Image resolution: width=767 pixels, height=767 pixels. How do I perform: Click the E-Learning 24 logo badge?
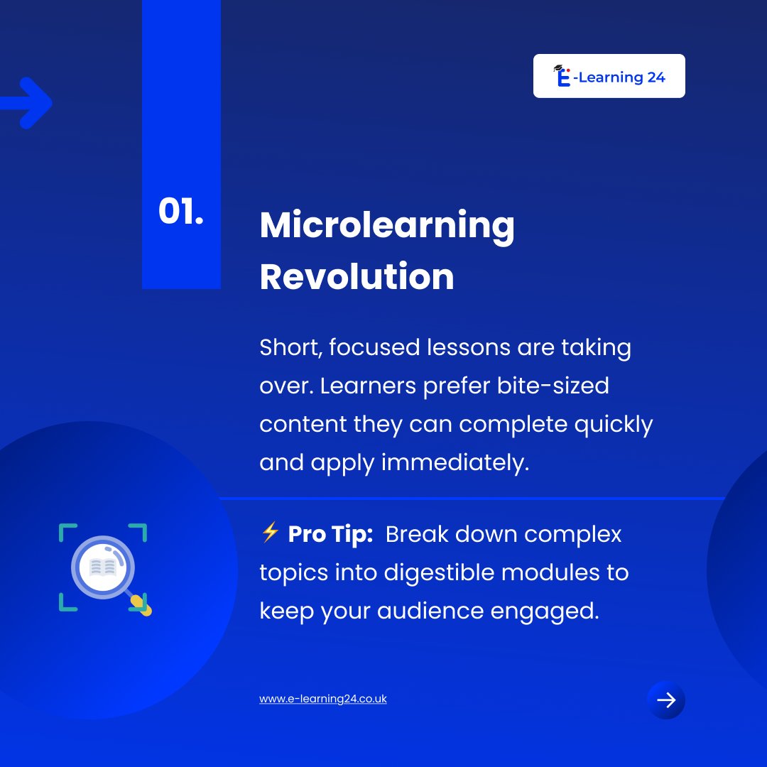[609, 76]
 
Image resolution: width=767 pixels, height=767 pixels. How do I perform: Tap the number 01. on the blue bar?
[180, 212]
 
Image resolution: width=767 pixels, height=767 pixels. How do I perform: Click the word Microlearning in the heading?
[387, 225]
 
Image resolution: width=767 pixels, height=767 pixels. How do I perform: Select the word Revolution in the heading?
[357, 276]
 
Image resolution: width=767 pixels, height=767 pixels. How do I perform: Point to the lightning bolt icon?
[270, 533]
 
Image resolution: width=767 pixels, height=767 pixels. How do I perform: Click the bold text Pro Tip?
[331, 534]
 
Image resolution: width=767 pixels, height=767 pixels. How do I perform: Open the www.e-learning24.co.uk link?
[323, 699]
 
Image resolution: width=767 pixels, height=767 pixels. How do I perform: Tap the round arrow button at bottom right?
[665, 701]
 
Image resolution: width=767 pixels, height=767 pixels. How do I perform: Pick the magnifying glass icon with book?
[104, 567]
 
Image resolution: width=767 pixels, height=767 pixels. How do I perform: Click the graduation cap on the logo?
[558, 69]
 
